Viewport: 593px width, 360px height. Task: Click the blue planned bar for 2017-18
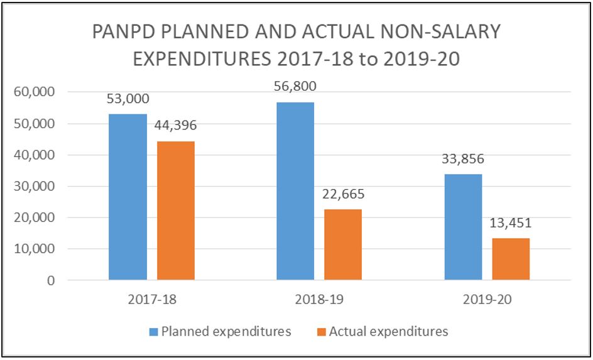tap(128, 197)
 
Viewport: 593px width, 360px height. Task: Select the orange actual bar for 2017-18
tap(176, 210)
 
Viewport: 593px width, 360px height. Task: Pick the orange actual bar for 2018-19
tap(343, 244)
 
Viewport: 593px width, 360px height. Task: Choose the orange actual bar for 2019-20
tap(511, 259)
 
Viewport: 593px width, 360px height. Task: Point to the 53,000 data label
tap(128, 99)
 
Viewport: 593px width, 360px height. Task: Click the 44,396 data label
tap(176, 126)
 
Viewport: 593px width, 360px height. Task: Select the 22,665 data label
tap(343, 194)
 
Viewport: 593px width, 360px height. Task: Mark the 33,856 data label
tap(463, 159)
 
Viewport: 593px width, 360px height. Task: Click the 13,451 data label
tap(511, 223)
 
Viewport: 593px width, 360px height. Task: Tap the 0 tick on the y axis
tap(50, 281)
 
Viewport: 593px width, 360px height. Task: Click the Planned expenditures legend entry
tap(220, 331)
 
